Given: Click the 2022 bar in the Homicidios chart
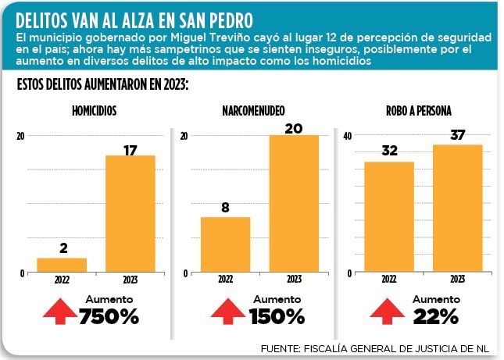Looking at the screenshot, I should tap(63, 265).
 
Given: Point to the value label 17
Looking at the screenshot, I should tap(130, 148).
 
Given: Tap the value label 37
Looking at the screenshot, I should tap(457, 136).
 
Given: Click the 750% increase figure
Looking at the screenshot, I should tap(109, 317).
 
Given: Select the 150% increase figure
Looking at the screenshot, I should tap(277, 317).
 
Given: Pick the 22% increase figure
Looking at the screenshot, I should tap(436, 317).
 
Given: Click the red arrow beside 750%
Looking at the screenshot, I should tap(60, 311).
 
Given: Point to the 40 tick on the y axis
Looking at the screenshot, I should tap(349, 136).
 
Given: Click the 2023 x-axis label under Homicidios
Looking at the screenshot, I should tap(130, 280).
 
